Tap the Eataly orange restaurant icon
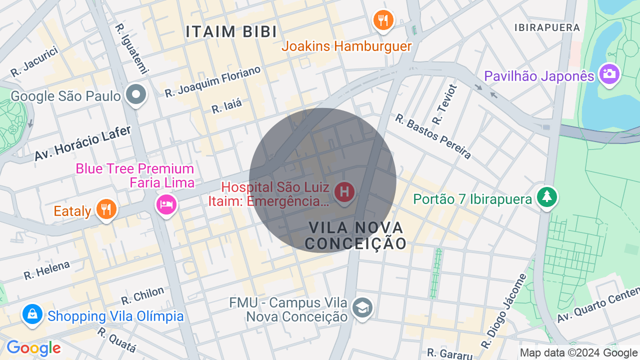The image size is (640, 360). (106, 209)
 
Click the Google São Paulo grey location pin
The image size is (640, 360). (135, 94)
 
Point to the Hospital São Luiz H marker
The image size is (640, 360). (344, 192)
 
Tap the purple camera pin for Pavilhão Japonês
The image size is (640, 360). (609, 74)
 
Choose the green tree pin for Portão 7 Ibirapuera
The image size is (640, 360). (547, 196)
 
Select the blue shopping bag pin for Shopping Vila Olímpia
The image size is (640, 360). (32, 314)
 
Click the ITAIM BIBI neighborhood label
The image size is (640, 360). (231, 32)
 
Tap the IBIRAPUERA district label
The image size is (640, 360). (547, 27)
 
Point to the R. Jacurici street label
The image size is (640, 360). (34, 62)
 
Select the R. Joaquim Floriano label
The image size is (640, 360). (213, 81)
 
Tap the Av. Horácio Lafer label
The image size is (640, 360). (82, 143)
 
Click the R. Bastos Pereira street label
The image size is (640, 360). (433, 136)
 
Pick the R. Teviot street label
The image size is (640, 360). (444, 104)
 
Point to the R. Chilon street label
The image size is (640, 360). (142, 295)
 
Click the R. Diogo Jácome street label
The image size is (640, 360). (504, 311)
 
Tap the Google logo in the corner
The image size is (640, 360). (33, 348)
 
